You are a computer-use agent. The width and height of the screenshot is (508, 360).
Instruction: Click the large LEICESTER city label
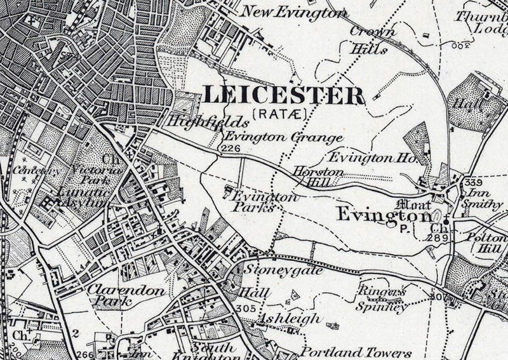pyautogui.click(x=284, y=95)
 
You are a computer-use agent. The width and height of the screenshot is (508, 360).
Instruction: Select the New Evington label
pyautogui.click(x=295, y=12)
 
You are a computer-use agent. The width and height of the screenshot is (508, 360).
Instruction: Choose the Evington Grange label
pyautogui.click(x=283, y=137)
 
